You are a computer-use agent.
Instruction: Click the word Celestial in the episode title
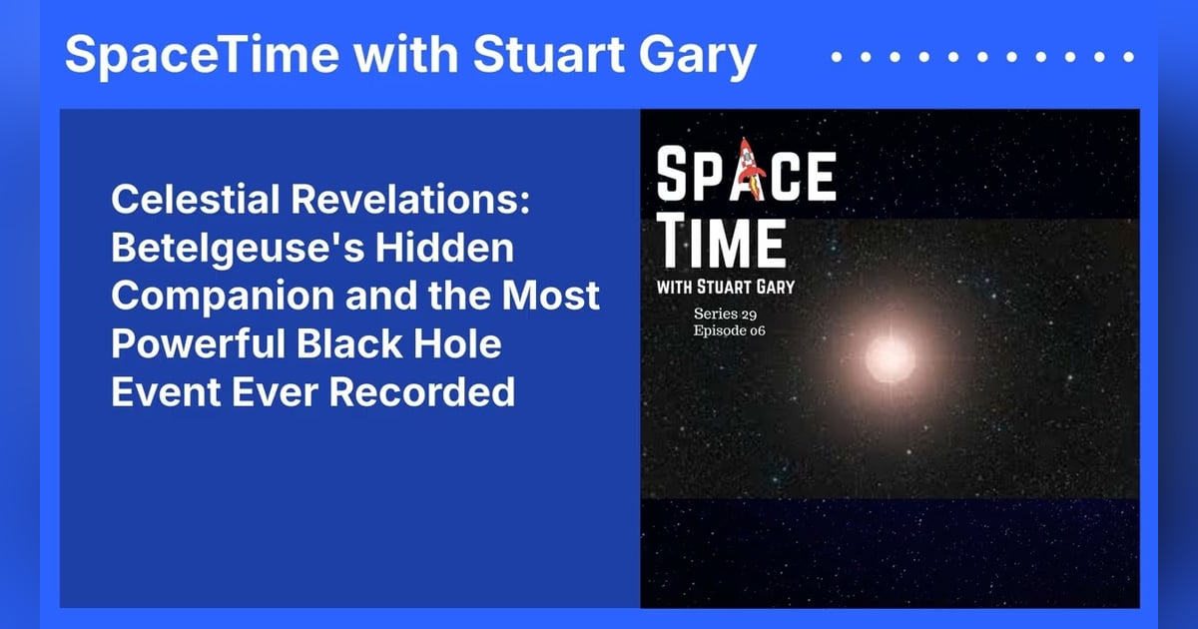(194, 202)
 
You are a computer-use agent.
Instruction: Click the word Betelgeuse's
(222, 250)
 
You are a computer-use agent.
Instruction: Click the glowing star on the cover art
(889, 356)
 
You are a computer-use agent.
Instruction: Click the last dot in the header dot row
(1130, 58)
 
